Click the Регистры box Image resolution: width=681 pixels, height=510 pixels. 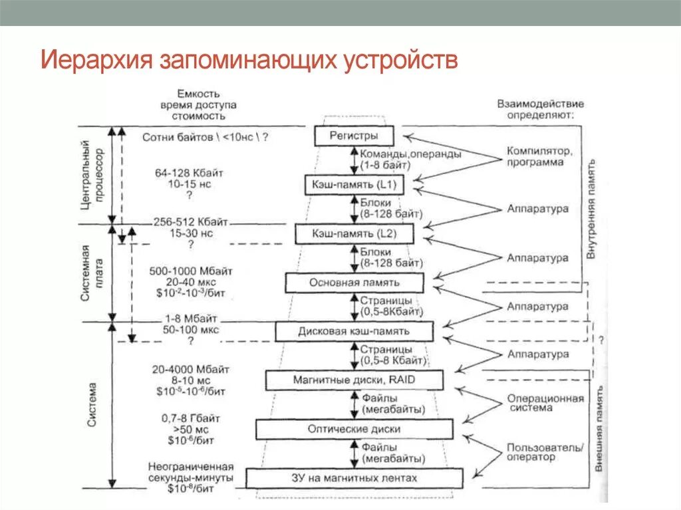tap(354, 136)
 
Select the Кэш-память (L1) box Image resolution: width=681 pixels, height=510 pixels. tap(354, 184)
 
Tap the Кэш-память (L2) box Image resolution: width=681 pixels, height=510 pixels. tap(354, 233)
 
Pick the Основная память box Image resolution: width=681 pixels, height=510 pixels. tap(354, 283)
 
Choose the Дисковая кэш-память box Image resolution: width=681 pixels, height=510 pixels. tap(354, 331)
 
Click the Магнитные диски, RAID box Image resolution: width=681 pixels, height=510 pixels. tap(354, 380)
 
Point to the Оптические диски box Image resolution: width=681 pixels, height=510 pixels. tap(354, 429)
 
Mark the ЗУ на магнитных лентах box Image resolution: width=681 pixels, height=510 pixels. tap(354, 478)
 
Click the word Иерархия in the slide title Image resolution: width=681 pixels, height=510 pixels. tap(96, 60)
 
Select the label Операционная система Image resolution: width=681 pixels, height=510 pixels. tap(535, 403)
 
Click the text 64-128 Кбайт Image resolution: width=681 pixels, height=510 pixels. tap(190, 173)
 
